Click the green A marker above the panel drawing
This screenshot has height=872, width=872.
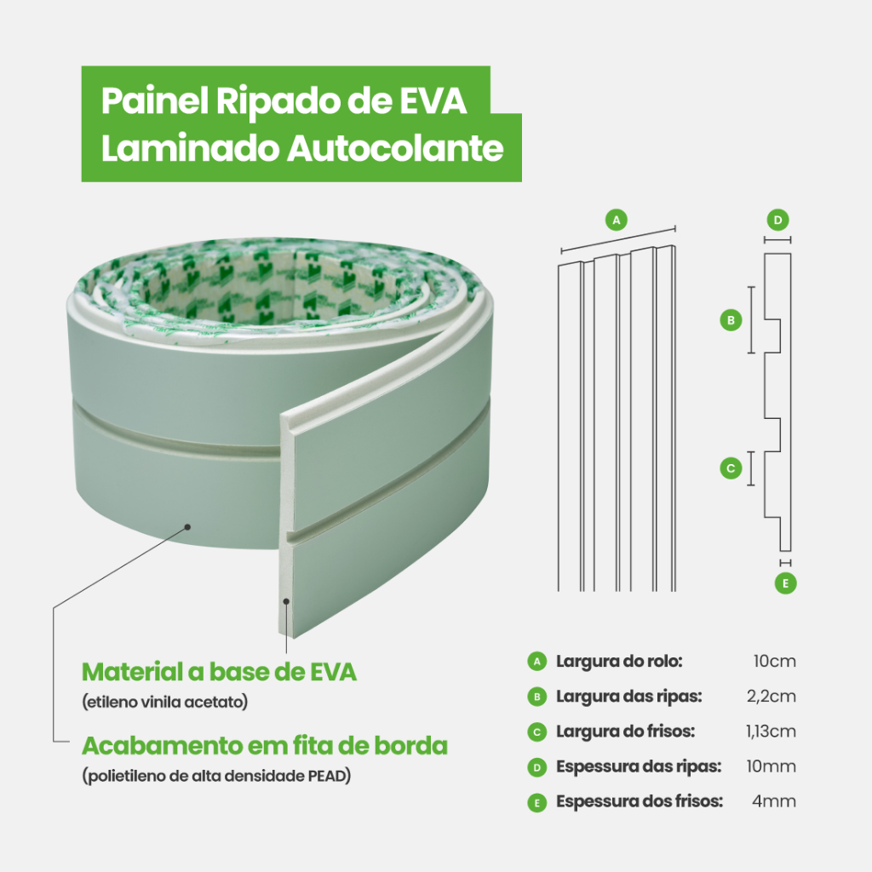pyautogui.click(x=617, y=221)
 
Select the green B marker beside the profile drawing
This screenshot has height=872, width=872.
pyautogui.click(x=731, y=320)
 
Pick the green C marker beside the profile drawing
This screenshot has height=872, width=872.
pyautogui.click(x=731, y=468)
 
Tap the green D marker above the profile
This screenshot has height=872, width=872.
pyautogui.click(x=777, y=221)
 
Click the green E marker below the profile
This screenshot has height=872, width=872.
pyautogui.click(x=785, y=583)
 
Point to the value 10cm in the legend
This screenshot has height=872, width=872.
pyautogui.click(x=775, y=661)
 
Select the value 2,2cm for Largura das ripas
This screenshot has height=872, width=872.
pyautogui.click(x=772, y=697)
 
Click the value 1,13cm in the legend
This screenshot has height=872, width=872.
pyautogui.click(x=771, y=731)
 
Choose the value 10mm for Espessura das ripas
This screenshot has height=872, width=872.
pyautogui.click(x=772, y=766)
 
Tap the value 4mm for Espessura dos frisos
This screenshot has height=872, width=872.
pyautogui.click(x=774, y=801)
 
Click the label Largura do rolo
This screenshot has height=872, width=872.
pyautogui.click(x=619, y=661)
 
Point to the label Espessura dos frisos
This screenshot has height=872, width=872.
pyautogui.click(x=640, y=801)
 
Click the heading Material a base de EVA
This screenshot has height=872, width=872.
pyautogui.click(x=219, y=672)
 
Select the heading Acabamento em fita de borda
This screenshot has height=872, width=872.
pyautogui.click(x=265, y=746)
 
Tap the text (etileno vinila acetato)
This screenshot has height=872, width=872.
pyautogui.click(x=165, y=702)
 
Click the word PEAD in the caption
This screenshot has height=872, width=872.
pyautogui.click(x=327, y=776)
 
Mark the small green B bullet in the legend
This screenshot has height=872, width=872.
pyautogui.click(x=536, y=697)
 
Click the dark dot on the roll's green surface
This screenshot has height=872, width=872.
pyautogui.click(x=188, y=527)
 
